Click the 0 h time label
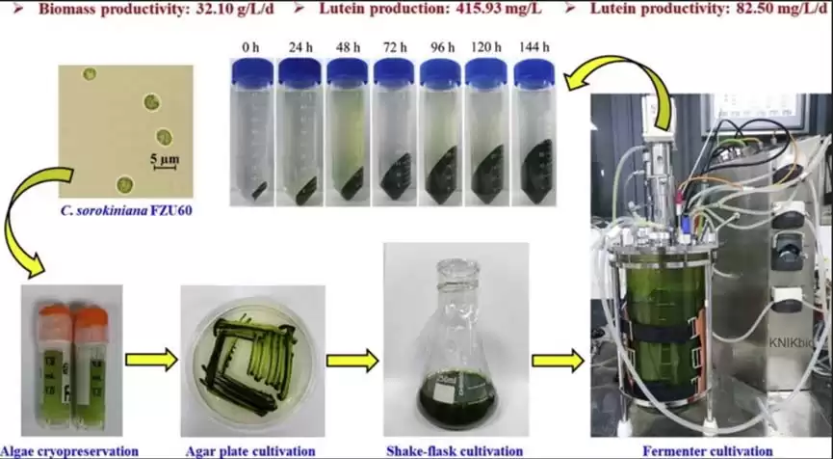tap(250, 47)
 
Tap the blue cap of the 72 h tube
tap(394, 72)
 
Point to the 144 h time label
tap(534, 47)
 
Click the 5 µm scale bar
tap(165, 168)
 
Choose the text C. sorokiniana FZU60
tap(126, 211)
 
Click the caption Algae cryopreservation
tap(69, 451)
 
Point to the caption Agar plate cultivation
tap(250, 451)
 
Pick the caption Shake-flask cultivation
tap(455, 451)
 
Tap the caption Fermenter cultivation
tap(708, 451)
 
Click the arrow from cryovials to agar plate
tap(151, 360)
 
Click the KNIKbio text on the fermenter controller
tap(794, 343)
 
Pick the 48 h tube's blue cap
tap(348, 71)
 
